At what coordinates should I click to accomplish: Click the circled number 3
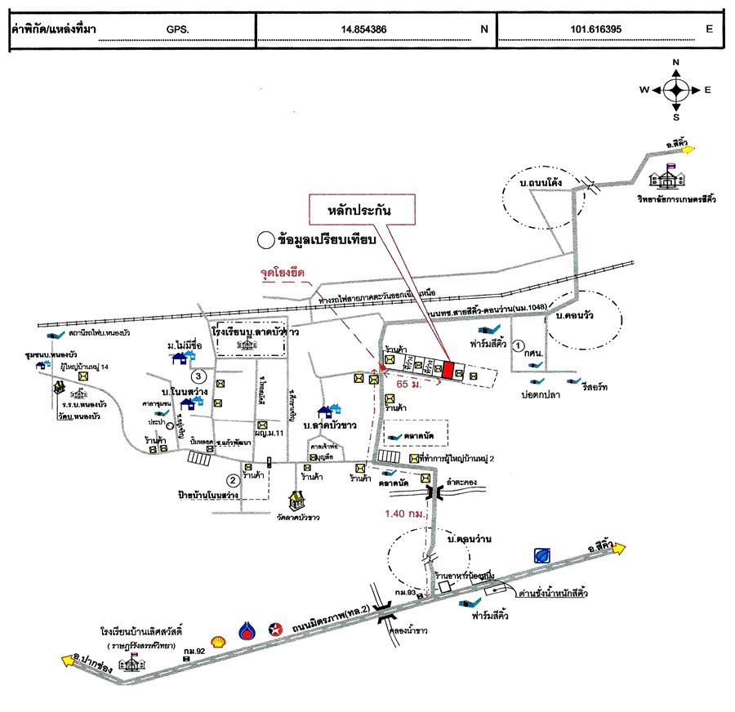point(198,377)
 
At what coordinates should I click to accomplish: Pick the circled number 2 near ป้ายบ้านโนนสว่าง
point(233,480)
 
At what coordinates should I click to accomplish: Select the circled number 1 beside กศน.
point(519,346)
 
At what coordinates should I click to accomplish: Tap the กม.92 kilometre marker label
point(194,651)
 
